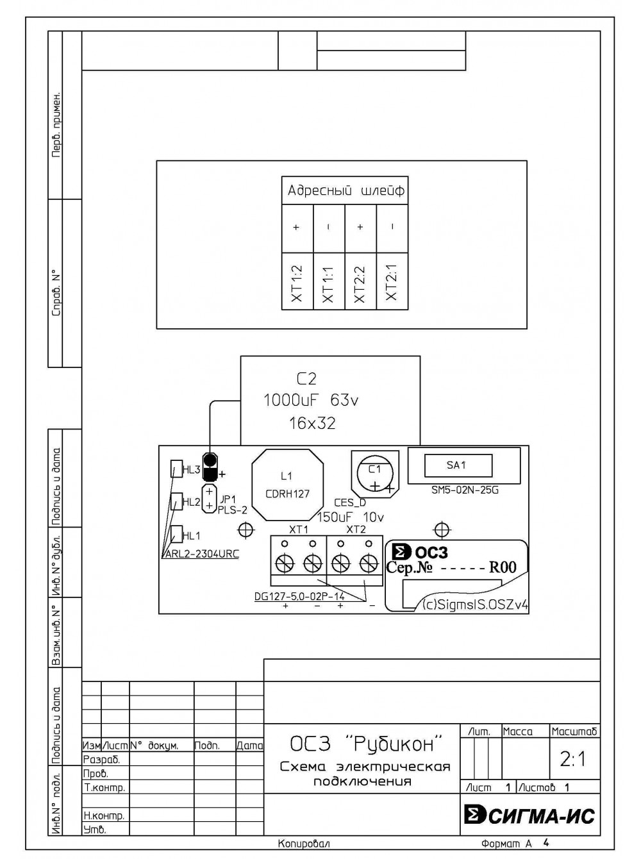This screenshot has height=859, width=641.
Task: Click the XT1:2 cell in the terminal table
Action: coord(297,281)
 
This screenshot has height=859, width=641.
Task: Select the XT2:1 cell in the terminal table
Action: coord(392,281)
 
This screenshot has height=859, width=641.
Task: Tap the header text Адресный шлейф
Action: coord(346,191)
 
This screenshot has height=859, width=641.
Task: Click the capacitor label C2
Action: coord(306,379)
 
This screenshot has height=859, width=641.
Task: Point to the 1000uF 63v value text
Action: coord(311,401)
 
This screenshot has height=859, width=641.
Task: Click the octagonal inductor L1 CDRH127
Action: coord(288,485)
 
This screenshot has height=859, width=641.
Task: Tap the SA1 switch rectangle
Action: coord(458,465)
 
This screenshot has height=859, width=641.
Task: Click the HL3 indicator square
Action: coord(176,469)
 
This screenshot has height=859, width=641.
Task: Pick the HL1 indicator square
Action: coord(176,534)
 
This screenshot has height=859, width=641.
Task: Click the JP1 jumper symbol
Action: coord(210,498)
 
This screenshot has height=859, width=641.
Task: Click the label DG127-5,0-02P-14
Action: coord(299,596)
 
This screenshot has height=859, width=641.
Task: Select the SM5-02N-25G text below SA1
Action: coord(465,490)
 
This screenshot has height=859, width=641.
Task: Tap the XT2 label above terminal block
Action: coord(356,530)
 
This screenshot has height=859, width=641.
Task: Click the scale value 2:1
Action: coord(572,760)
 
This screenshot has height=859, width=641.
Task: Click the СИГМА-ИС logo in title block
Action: coord(529,815)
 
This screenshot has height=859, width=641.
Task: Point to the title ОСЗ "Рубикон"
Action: coord(365,744)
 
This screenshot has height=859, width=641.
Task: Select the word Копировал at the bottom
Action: coord(304,844)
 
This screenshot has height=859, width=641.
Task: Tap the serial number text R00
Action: coord(503,567)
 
